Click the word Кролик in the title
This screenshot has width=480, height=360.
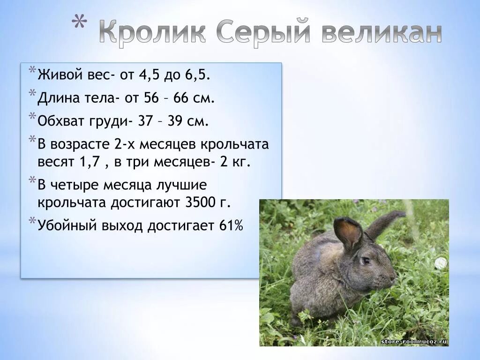click(152, 33)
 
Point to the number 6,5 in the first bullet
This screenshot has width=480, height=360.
click(199, 75)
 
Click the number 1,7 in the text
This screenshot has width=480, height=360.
click(90, 162)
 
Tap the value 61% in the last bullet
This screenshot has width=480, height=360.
click(231, 226)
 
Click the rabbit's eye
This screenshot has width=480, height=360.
click(365, 260)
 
